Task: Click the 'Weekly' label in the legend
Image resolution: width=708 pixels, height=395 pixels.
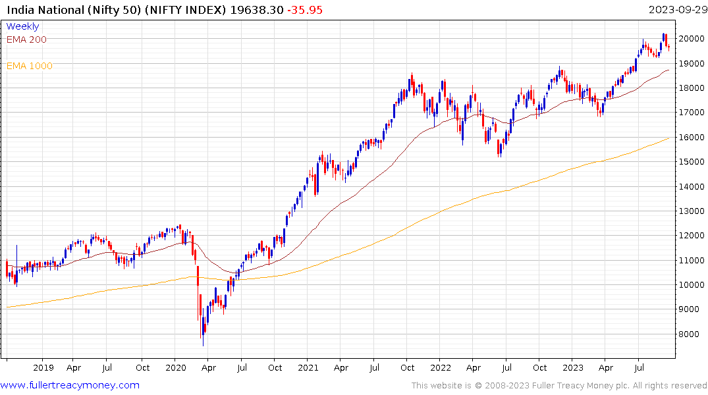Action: point(22,26)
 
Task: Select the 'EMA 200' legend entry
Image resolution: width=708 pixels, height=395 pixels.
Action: point(26,39)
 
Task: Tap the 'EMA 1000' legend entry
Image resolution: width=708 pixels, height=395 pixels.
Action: point(29,66)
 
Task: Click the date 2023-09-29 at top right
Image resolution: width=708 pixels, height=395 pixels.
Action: point(676,10)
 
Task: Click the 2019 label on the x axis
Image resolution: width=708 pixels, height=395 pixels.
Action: point(43,368)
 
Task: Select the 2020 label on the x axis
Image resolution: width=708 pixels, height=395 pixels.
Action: point(175,368)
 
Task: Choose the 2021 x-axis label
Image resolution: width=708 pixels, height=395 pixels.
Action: point(308,368)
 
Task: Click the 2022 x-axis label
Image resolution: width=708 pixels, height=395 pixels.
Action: point(441,368)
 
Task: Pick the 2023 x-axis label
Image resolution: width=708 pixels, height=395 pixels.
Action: point(573,368)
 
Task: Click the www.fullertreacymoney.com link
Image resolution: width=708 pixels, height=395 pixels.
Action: point(70,385)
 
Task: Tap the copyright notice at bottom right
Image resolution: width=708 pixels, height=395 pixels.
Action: point(559,386)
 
